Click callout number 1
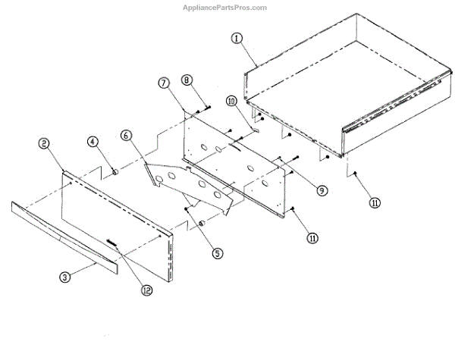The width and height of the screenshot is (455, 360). pos(238,37)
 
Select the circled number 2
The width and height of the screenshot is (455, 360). pos(45,142)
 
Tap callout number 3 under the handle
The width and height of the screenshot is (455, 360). pos(66,277)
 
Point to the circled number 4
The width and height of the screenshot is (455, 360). pos(92,141)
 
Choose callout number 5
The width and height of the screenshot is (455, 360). pos(218,254)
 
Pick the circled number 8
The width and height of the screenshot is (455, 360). pos(187,80)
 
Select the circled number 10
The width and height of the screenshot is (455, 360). pos(231,101)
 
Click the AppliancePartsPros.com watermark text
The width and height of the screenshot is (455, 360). pos(227,8)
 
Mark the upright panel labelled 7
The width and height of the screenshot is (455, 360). pos(235,163)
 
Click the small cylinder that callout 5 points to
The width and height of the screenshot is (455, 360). pos(202,225)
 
